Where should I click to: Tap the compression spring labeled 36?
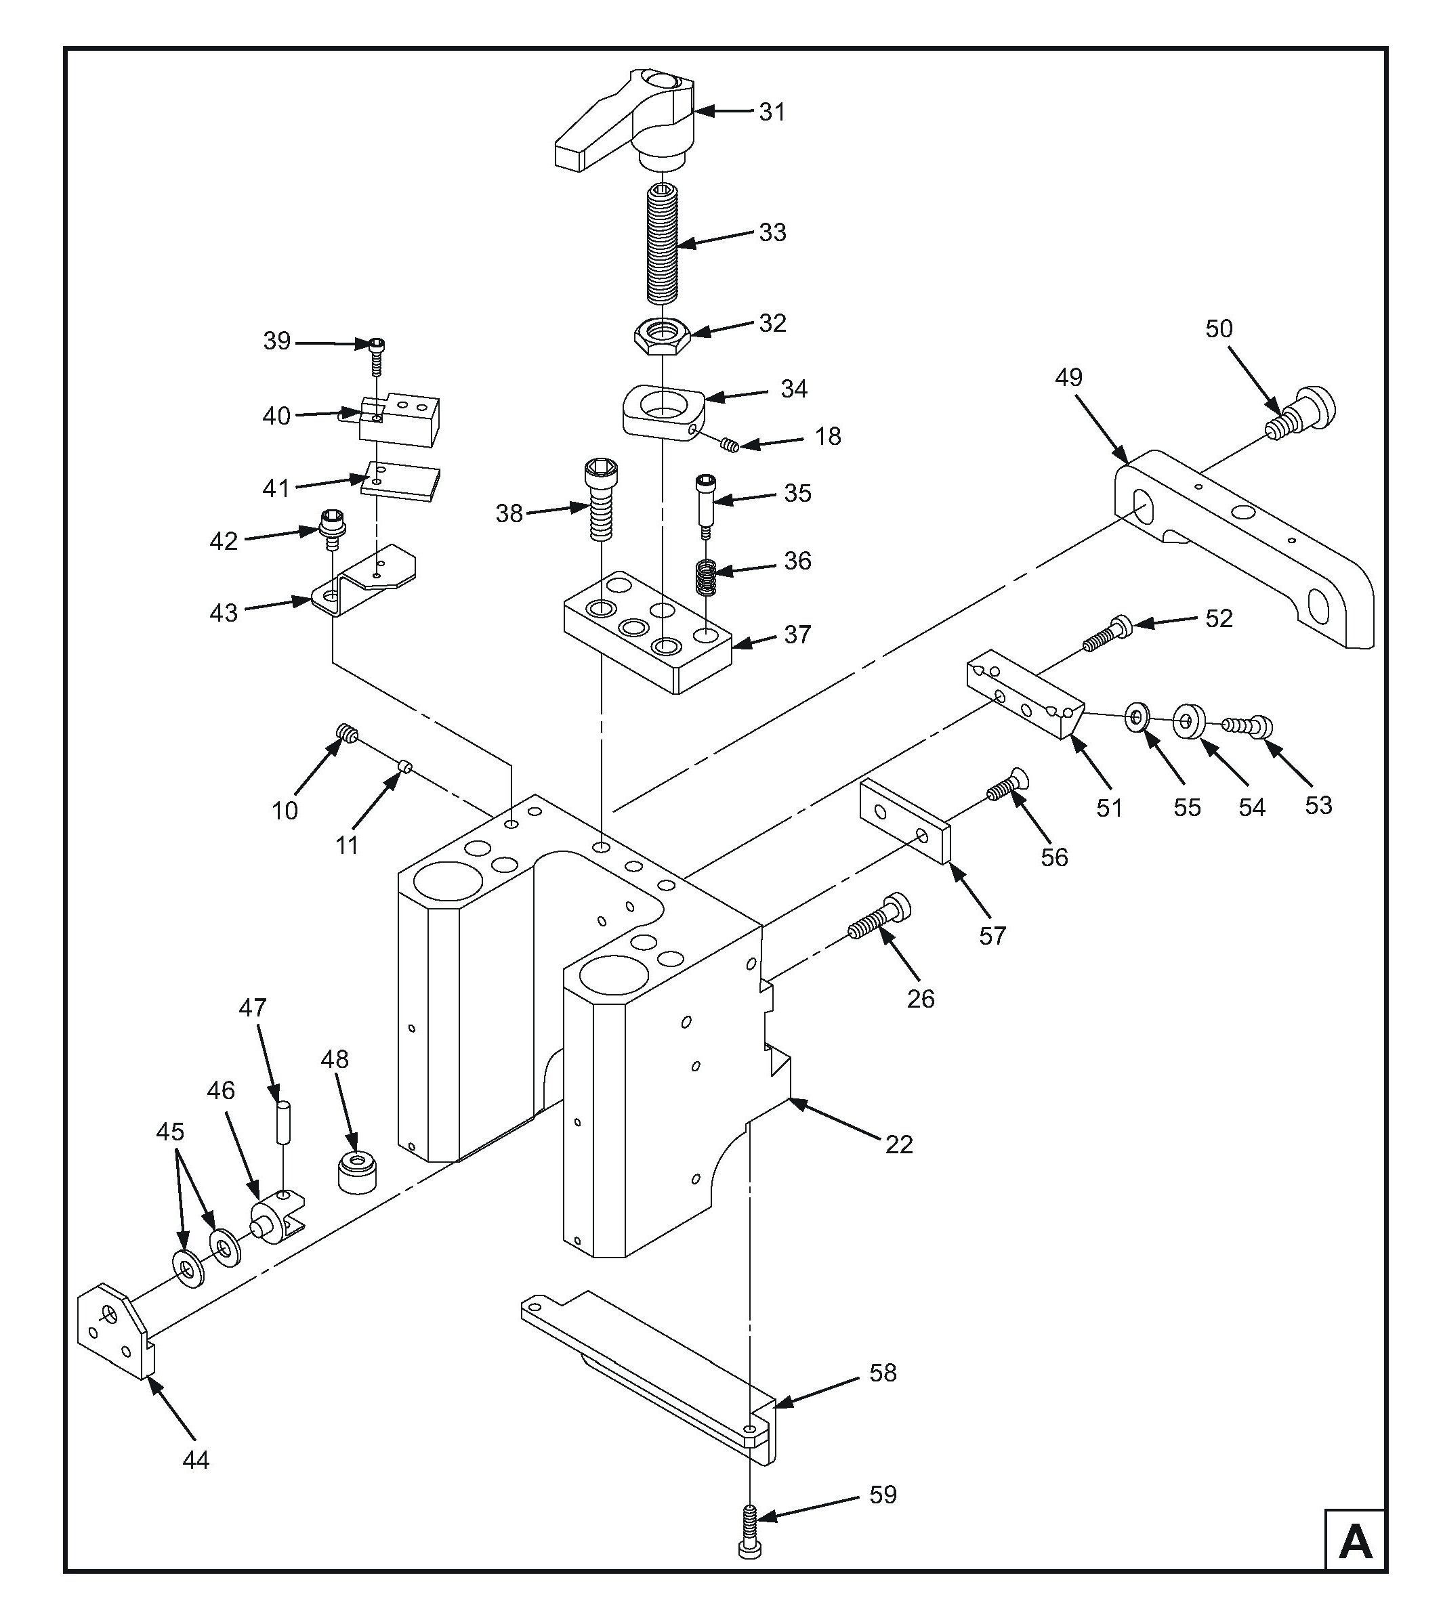[706, 576]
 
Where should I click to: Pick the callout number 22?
[899, 1144]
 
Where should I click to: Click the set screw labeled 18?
[730, 446]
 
